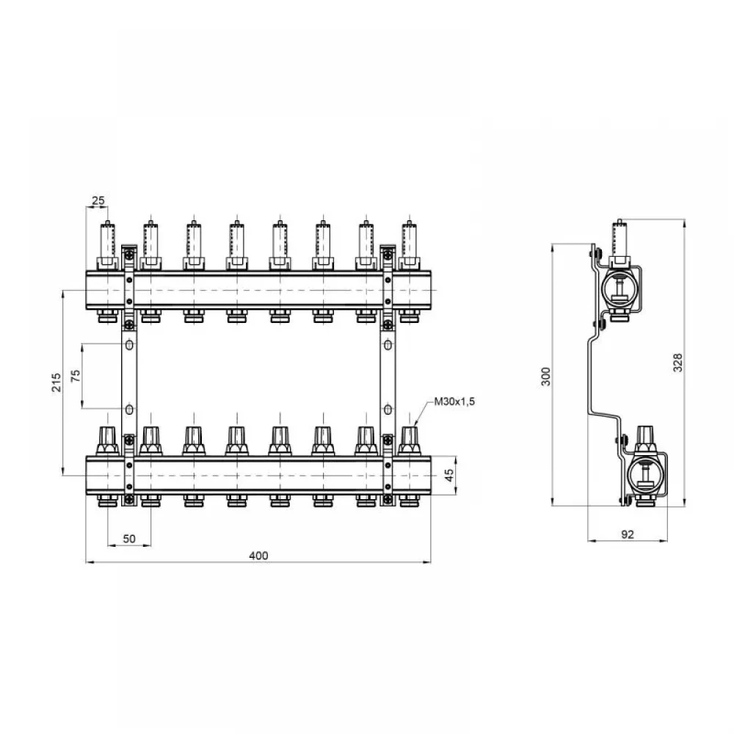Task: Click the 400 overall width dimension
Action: coord(258,556)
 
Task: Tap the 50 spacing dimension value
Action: coord(129,539)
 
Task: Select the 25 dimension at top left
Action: coord(98,201)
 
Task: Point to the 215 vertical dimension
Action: coord(57,382)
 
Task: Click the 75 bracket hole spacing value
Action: coord(76,376)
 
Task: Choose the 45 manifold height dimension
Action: coord(449,476)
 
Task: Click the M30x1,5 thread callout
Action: coord(454,401)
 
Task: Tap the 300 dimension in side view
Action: coord(546,377)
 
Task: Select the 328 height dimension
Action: coord(677,363)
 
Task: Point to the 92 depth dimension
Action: coord(628,534)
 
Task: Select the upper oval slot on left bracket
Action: coord(130,345)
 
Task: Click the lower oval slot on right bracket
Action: coord(388,410)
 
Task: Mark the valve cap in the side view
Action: coord(645,440)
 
